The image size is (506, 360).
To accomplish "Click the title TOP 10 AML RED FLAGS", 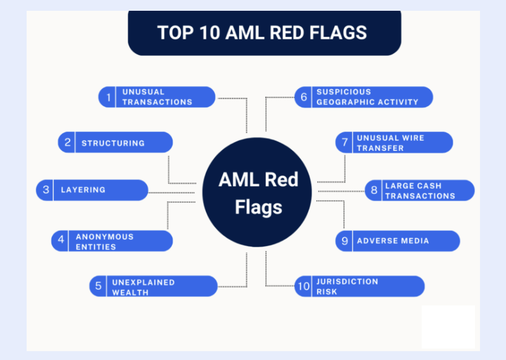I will [262, 32].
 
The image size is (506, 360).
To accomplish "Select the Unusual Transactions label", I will [157, 97].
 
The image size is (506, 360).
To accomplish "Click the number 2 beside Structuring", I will [67, 143].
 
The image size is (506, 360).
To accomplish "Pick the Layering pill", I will [92, 190].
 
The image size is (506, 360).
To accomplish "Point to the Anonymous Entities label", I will [105, 241].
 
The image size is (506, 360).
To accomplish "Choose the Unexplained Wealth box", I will [153, 287].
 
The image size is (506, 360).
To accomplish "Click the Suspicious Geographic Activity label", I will [367, 97].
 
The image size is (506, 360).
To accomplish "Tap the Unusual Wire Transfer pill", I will [394, 143].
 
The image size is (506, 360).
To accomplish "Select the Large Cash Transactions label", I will [420, 191].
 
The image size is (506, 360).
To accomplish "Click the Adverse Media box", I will [398, 241].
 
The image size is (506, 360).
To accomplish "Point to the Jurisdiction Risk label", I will [347, 286].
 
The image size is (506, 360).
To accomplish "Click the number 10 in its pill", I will [304, 287].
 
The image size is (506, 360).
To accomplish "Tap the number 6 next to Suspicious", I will [304, 97].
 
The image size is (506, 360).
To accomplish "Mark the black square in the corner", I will [448, 326].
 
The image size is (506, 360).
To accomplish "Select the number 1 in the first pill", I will [108, 97].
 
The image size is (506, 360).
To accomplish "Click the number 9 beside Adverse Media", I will [344, 241].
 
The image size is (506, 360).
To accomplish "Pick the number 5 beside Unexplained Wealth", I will [98, 286].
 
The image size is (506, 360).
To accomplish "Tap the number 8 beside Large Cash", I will [374, 190].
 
